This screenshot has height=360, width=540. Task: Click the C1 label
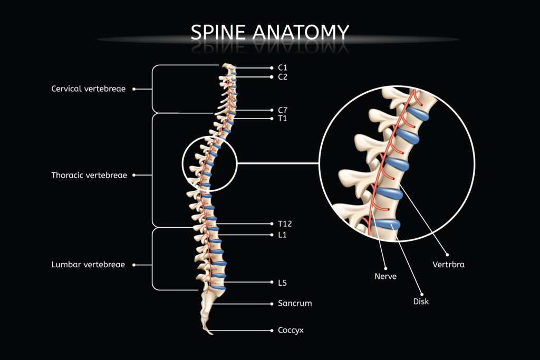283,68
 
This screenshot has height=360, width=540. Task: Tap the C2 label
283,77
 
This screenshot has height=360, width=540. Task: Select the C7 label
283,110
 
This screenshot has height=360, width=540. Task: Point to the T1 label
282,119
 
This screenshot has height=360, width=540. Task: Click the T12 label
285,224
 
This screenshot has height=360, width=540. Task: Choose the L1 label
282,235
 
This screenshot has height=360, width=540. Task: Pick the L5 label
282,283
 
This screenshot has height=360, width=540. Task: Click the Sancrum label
295,304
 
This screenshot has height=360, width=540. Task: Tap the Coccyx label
291,330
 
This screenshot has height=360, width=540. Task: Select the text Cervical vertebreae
88,89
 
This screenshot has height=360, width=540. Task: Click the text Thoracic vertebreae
89,175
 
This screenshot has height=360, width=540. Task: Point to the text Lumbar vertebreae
88,265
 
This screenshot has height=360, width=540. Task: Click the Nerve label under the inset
385,276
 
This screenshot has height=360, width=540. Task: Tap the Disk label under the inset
421,301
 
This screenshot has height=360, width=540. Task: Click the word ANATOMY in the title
301,32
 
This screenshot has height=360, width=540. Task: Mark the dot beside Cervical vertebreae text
134,89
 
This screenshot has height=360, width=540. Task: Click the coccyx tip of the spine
210,332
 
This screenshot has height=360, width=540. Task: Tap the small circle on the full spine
209,163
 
